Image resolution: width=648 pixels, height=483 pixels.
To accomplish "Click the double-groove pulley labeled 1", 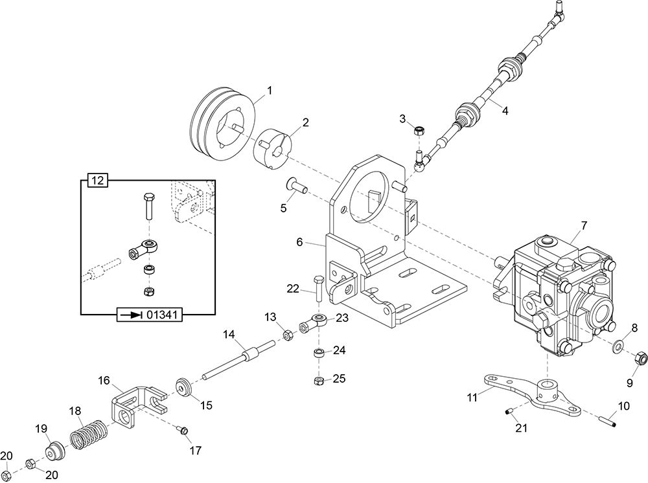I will [220, 126].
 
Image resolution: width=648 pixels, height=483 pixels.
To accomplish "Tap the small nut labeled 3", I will [419, 131].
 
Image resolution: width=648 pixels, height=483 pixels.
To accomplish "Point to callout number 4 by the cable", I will [505, 111].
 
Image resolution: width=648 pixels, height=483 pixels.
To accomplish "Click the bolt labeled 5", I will [296, 188].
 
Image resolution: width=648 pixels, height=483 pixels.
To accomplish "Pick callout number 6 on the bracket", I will [299, 241].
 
